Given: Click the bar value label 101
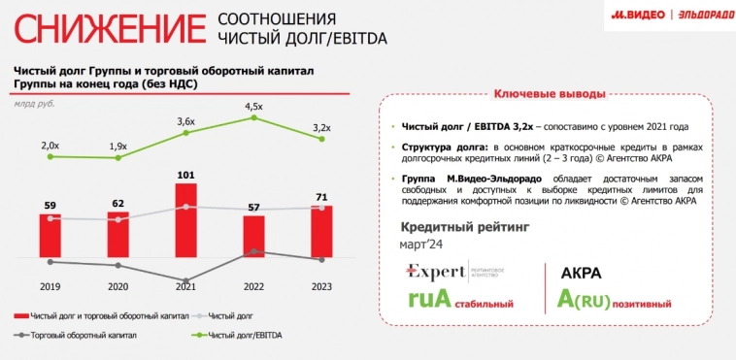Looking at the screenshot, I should [x=186, y=176].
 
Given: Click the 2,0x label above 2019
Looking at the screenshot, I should [x=50, y=145].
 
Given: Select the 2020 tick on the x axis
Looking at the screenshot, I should [x=117, y=287].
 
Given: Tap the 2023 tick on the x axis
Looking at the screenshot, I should [x=322, y=287].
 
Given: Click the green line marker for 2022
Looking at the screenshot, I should [x=254, y=117].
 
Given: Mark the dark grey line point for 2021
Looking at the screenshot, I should [x=186, y=279].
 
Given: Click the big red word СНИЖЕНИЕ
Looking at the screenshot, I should [x=107, y=29].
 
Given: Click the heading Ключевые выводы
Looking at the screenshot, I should [x=550, y=94].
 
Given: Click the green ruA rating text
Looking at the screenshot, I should [x=429, y=299].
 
